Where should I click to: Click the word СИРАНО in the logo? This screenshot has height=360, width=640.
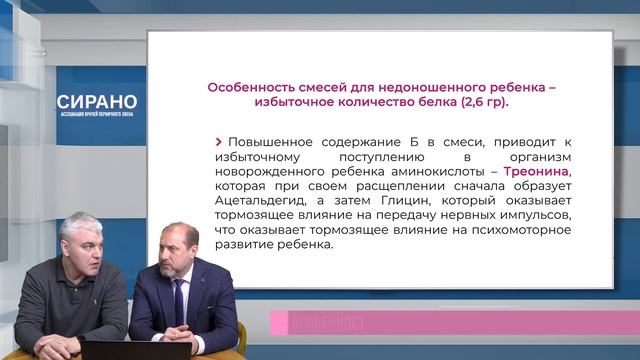pos(97,103)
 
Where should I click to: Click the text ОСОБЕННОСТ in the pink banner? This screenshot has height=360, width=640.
pos(327,323)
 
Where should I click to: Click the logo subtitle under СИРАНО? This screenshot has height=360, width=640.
pos(97,117)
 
